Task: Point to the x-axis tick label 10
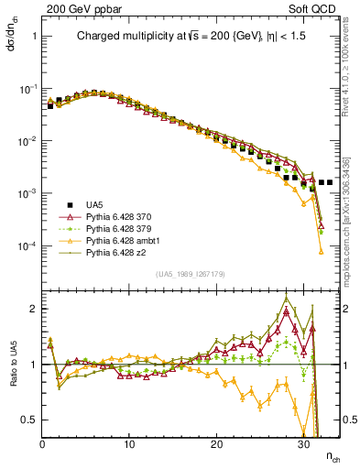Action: [130, 445]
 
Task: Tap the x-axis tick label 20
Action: [217, 445]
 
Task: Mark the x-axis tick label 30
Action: [304, 445]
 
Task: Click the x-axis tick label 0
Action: [43, 445]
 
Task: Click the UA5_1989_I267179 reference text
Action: [190, 275]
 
